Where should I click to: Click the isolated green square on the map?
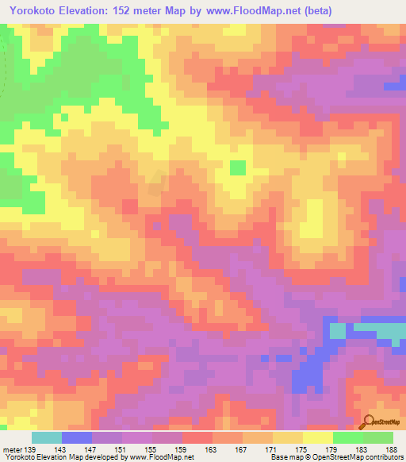237,167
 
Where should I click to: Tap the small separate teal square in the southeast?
338,330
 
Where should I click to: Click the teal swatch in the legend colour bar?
47,437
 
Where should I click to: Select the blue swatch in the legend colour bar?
77,437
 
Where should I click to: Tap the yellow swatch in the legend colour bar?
318,437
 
